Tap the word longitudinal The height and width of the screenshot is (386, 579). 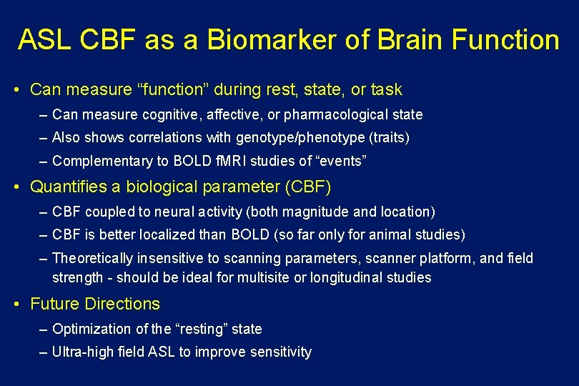coord(348,277)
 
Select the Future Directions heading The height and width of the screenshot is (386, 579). coord(95,304)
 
